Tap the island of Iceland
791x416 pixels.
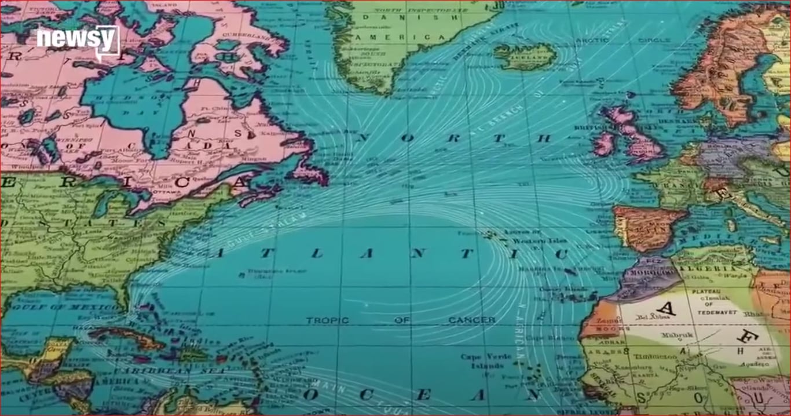[x=524, y=56]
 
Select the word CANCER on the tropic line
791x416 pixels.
[x=472, y=320]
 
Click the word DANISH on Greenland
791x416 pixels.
[x=386, y=17]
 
